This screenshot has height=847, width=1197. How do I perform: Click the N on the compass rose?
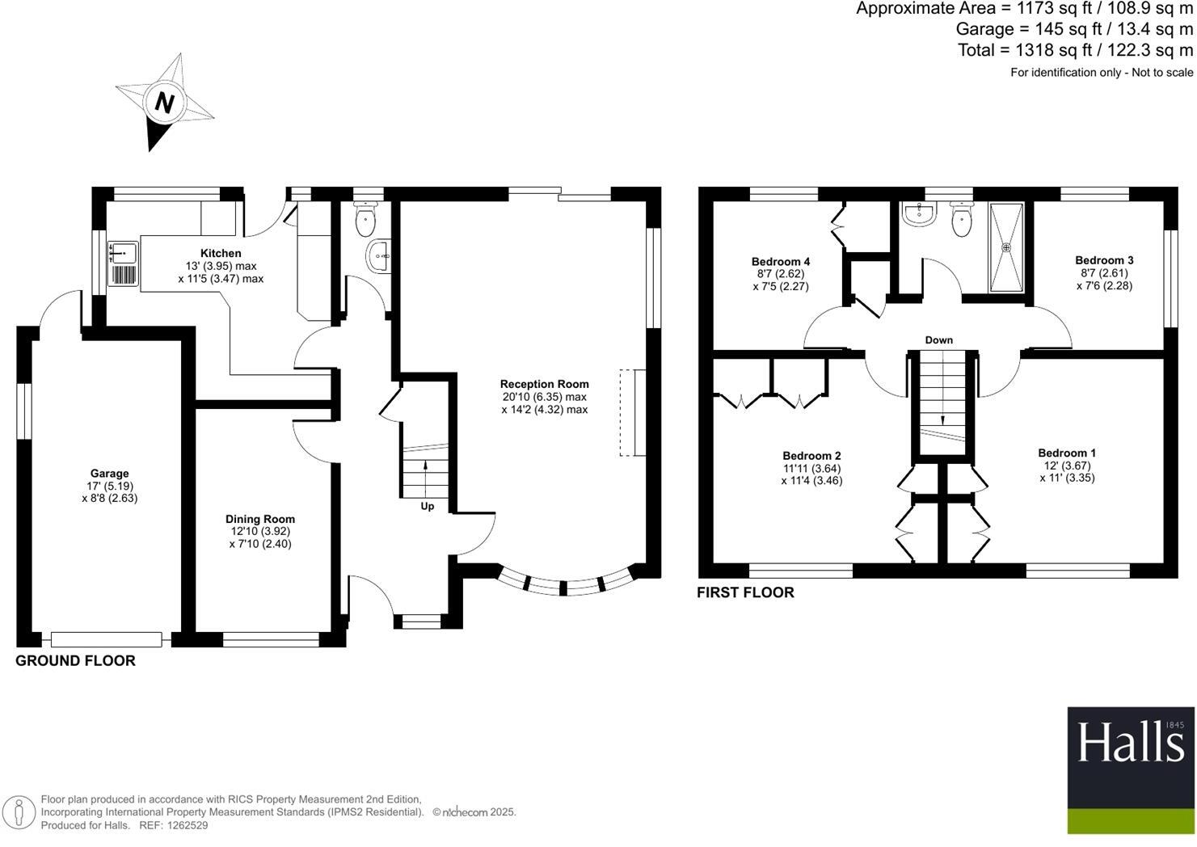tap(165, 103)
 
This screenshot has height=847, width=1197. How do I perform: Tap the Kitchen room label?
tap(221, 253)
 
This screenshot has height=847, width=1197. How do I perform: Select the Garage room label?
tap(109, 474)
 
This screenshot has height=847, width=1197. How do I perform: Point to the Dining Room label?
tap(259, 519)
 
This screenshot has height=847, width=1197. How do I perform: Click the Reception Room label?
tap(544, 384)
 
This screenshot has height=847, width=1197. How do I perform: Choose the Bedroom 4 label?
tap(780, 261)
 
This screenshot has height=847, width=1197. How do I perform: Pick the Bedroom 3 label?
tap(1103, 260)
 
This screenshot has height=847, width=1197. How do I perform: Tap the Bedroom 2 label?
tap(811, 456)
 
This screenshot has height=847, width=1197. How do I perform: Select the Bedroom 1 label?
tap(1067, 453)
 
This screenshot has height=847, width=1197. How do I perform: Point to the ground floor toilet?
tap(367, 216)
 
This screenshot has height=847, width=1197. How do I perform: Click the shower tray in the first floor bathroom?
tap(1006, 247)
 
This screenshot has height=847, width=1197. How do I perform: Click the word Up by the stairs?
tap(427, 507)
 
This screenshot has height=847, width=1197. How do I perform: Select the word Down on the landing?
tap(938, 340)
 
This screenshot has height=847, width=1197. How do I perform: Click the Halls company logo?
tap(1130, 770)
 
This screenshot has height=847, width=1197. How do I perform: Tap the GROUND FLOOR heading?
tap(75, 661)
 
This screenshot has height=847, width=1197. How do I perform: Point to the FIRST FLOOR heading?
tap(745, 592)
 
